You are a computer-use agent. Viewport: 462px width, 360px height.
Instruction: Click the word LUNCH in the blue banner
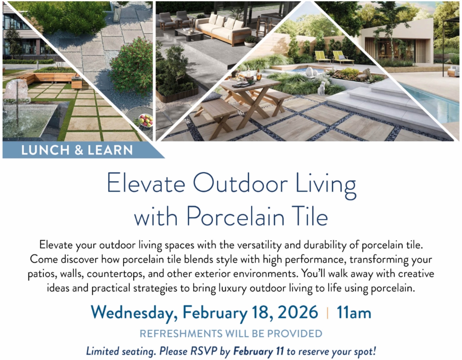45,150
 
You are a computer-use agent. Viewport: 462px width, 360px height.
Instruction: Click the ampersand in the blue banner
79,150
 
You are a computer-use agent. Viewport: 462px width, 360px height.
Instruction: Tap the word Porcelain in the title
235,216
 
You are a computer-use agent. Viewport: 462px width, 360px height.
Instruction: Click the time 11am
354,312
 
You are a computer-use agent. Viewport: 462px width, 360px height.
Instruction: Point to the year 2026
298,312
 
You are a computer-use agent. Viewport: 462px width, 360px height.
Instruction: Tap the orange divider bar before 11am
327,313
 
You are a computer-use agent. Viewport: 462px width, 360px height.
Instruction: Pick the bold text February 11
259,351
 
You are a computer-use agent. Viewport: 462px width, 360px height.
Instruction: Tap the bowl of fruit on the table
146,121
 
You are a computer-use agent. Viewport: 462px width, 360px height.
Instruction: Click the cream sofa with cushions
223,30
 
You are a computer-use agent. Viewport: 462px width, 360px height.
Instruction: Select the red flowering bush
131,66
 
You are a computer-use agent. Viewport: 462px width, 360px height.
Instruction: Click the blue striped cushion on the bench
212,97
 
